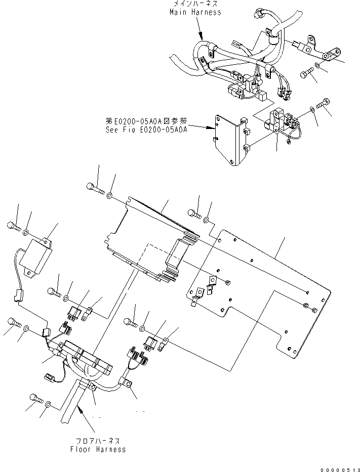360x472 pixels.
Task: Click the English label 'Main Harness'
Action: (195, 12)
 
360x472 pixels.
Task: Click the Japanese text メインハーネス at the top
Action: (196, 4)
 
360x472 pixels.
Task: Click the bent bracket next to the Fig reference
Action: (230, 139)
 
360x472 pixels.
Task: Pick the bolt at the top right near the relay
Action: (323, 105)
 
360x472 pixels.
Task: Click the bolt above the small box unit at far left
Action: (14, 226)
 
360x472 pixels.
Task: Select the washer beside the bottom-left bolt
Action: (48, 405)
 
